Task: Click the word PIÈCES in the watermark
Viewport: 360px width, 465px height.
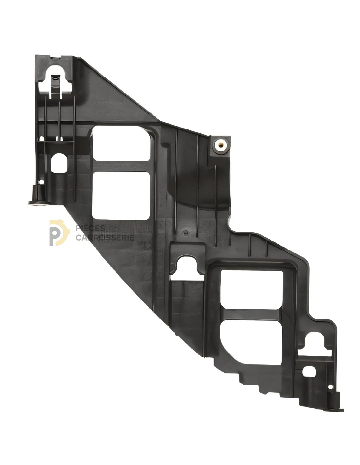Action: [x=90, y=228]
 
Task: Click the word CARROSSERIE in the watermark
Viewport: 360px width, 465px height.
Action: [x=105, y=237]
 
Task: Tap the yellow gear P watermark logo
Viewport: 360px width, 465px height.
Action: [x=59, y=232]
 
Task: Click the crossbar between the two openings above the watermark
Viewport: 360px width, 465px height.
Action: [x=121, y=166]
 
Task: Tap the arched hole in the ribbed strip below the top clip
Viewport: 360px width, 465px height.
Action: [x=59, y=163]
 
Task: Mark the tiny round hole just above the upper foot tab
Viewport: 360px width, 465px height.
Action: [x=41, y=182]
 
